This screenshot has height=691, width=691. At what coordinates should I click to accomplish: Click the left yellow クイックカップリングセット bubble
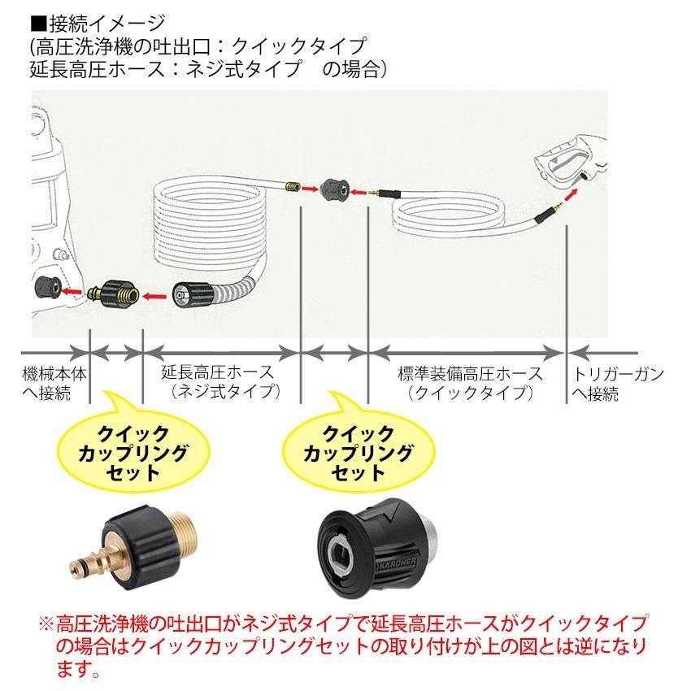(130, 451)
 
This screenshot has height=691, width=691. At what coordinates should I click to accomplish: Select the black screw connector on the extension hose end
(192, 293)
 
